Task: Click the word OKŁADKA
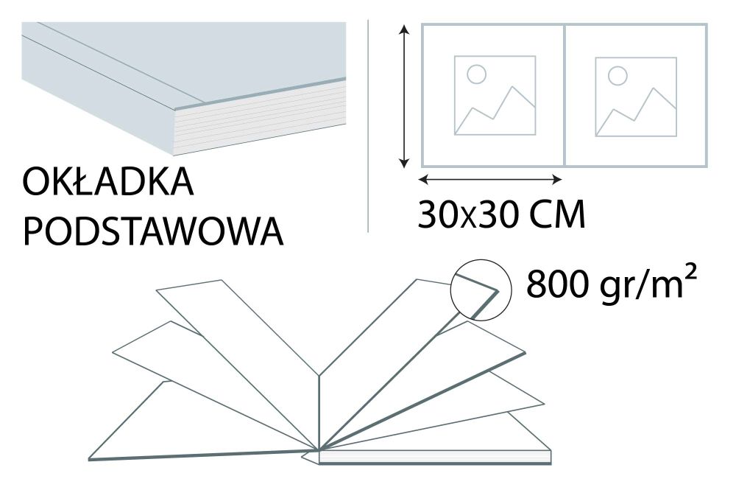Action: coord(109,183)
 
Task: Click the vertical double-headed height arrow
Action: coord(403,96)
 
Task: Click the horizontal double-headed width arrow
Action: coord(490,179)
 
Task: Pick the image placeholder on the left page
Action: coord(495,95)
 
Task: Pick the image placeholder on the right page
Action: coord(636,96)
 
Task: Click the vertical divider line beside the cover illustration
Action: coord(368,125)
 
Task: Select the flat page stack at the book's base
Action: coord(434,457)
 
